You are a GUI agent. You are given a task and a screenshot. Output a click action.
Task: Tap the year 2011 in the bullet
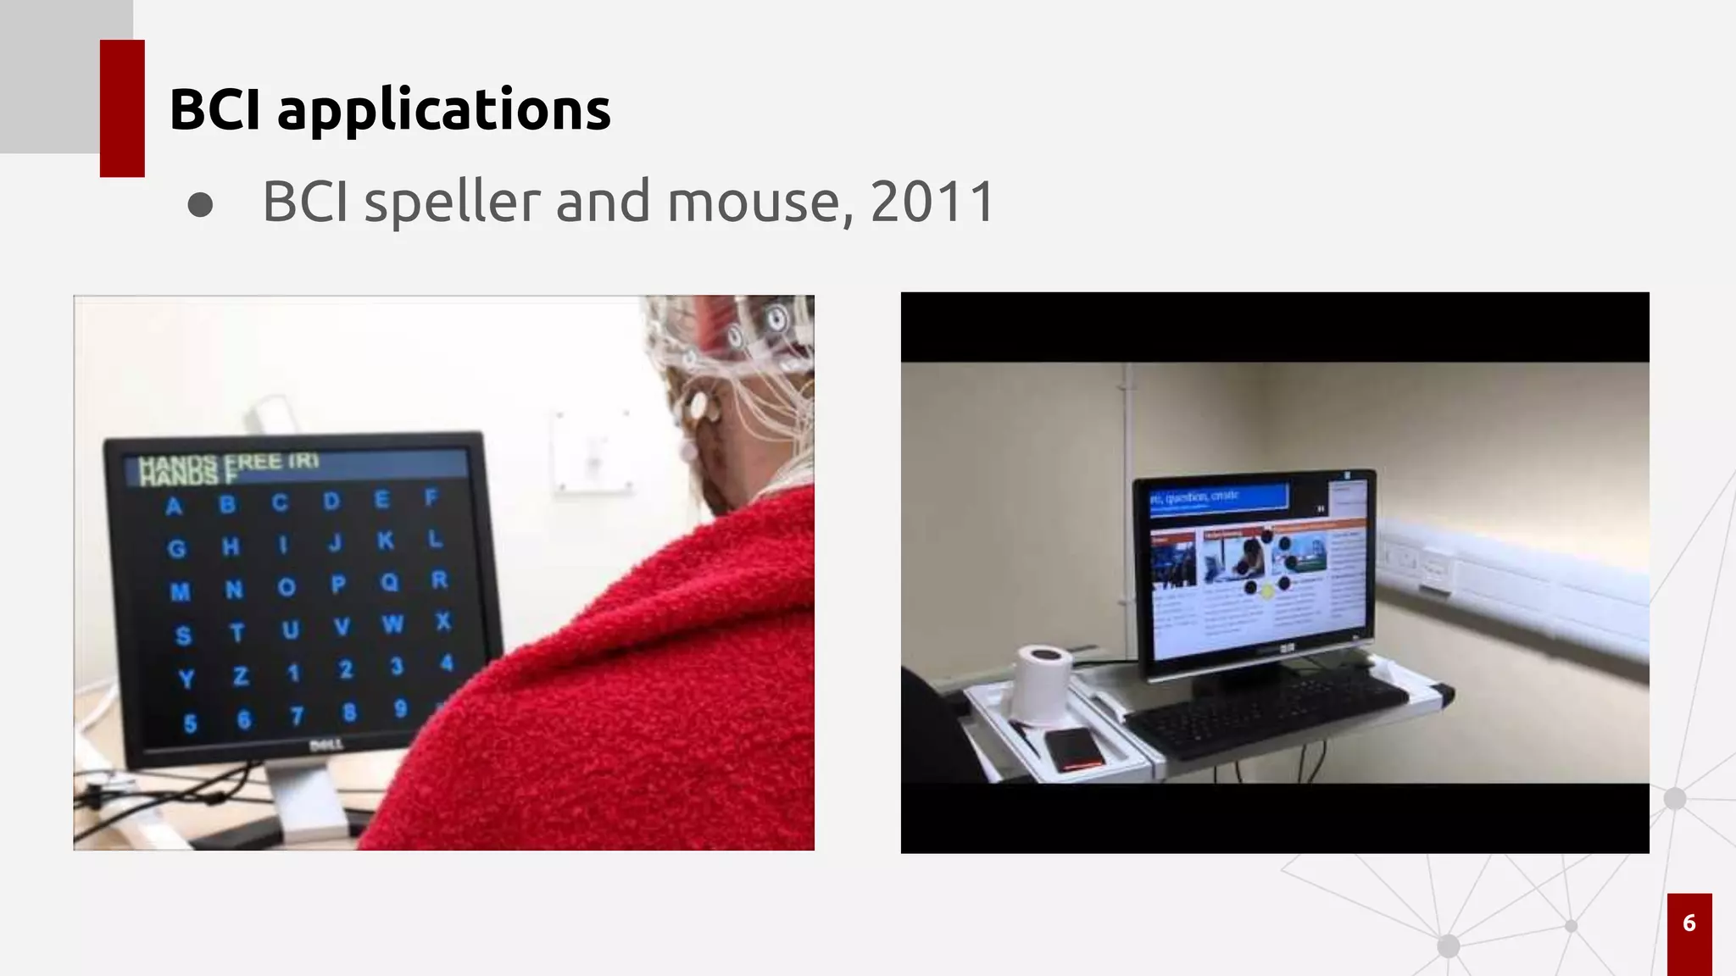coord(932,202)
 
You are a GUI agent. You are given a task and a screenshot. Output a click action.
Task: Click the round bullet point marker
coord(200,204)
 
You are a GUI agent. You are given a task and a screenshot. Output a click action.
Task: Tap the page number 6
coord(1689,923)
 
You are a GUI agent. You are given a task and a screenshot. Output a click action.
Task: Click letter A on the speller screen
coord(174,507)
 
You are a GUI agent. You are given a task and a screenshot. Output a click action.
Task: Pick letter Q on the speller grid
coord(389,582)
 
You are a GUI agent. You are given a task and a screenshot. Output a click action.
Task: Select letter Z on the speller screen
coord(240,676)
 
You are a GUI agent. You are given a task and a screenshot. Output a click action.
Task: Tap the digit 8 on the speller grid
coord(348,713)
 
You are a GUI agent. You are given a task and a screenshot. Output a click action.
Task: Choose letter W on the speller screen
coord(392,624)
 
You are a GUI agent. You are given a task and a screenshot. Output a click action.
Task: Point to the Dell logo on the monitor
coord(325,746)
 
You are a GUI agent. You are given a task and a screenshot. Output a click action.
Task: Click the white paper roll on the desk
coord(1042,681)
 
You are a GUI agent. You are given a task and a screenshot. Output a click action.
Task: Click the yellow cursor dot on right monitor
coord(1267,592)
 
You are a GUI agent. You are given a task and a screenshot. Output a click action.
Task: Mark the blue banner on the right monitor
coord(1217,496)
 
